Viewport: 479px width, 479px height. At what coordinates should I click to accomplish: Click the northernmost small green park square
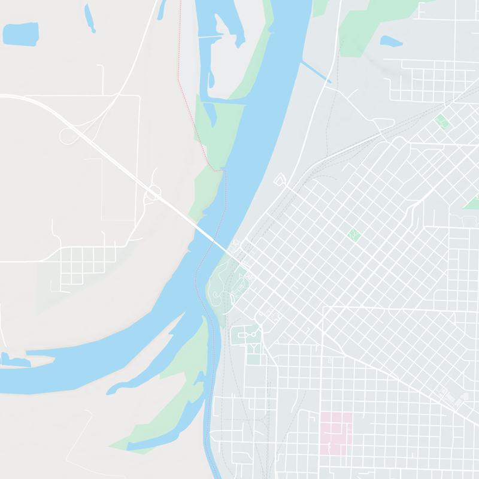[x=442, y=122]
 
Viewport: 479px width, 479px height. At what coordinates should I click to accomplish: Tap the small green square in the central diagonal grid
[x=353, y=234]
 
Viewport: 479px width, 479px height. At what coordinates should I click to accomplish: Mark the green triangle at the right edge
[x=472, y=202]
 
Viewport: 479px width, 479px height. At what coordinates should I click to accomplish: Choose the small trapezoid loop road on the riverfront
[x=280, y=180]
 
